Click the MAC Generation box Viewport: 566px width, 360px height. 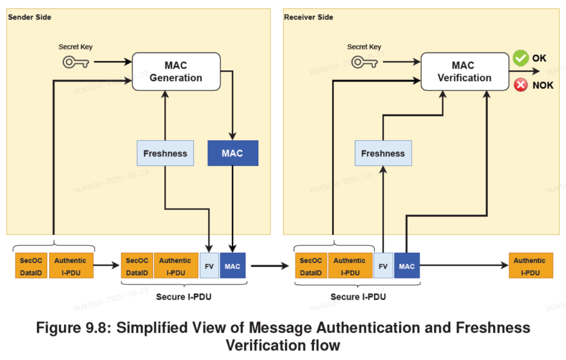tap(176, 72)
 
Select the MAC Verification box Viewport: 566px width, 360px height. tap(464, 72)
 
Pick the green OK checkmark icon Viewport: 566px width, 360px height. tap(520, 58)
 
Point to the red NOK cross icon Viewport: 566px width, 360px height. tap(520, 85)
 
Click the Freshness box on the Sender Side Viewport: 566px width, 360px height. tap(165, 154)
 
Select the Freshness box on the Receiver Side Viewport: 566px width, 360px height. tap(383, 154)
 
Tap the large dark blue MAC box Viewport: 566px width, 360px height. tap(233, 154)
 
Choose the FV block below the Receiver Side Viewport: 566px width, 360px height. tap(383, 266)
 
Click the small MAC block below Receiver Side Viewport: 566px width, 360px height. tap(407, 266)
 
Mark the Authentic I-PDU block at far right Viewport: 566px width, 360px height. tap(529, 266)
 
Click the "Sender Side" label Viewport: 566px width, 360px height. tap(29, 17)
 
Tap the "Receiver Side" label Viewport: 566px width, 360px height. tap(308, 17)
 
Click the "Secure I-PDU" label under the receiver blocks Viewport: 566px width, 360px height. tap(358, 297)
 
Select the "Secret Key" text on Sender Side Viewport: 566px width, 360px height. tap(75, 47)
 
